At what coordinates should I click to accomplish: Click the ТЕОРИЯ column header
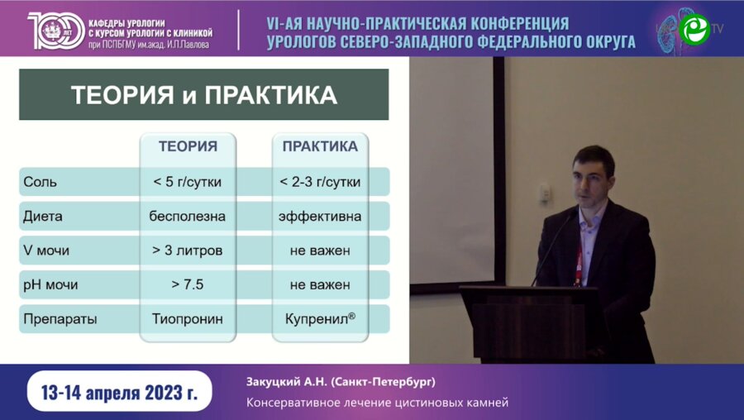pyautogui.click(x=188, y=146)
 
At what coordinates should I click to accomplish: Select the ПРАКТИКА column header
pyautogui.click(x=320, y=146)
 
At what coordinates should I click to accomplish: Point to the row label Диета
pyautogui.click(x=43, y=217)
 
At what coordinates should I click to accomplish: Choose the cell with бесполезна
pyautogui.click(x=188, y=217)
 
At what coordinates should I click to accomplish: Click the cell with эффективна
pyautogui.click(x=320, y=217)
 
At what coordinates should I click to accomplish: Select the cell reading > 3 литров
pyautogui.click(x=188, y=251)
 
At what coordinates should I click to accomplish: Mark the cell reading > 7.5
pyautogui.click(x=188, y=284)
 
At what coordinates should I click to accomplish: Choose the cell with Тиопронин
pyautogui.click(x=188, y=318)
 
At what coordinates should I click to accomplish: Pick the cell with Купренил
pyautogui.click(x=318, y=318)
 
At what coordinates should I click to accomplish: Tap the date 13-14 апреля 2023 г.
pyautogui.click(x=119, y=393)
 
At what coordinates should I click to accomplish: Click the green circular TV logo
pyautogui.click(x=694, y=28)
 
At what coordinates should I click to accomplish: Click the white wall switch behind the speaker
pyautogui.click(x=545, y=193)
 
